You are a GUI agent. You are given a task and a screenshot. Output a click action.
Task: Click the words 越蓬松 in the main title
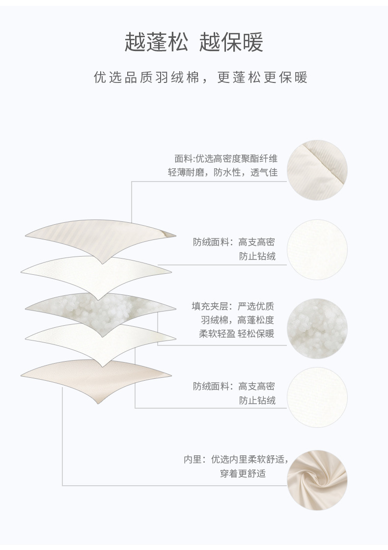coord(156,42)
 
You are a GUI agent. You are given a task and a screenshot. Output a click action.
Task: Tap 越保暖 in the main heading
coord(231,42)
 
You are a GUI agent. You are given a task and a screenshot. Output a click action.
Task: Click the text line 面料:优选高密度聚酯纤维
coord(225,159)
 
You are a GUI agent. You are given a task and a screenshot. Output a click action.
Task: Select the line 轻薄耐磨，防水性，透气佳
coord(222,173)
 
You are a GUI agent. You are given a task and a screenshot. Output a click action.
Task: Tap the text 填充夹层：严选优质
coord(233,307)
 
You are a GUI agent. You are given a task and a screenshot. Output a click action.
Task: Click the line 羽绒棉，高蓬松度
coord(237,320)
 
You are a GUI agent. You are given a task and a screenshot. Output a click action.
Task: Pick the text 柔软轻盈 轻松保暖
coord(236,334)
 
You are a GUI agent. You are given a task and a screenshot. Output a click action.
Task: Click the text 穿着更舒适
coord(243,474)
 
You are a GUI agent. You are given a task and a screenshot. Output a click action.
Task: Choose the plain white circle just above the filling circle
coord(317,250)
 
